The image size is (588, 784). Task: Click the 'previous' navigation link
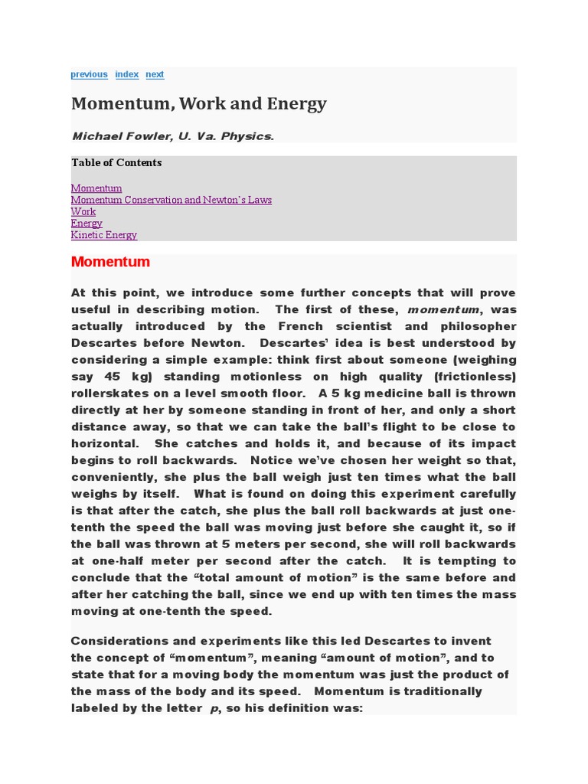[x=89, y=74]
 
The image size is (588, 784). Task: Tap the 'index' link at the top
[x=126, y=74]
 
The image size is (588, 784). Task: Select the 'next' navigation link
[x=155, y=74]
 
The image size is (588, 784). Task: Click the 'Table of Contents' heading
[x=116, y=162]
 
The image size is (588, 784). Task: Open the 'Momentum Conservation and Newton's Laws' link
[x=171, y=200]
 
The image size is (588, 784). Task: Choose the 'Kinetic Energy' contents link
[x=104, y=235]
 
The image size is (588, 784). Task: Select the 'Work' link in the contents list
[x=83, y=211]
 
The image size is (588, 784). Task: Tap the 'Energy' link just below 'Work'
[x=87, y=224]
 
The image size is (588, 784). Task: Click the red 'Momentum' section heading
[x=110, y=262]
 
